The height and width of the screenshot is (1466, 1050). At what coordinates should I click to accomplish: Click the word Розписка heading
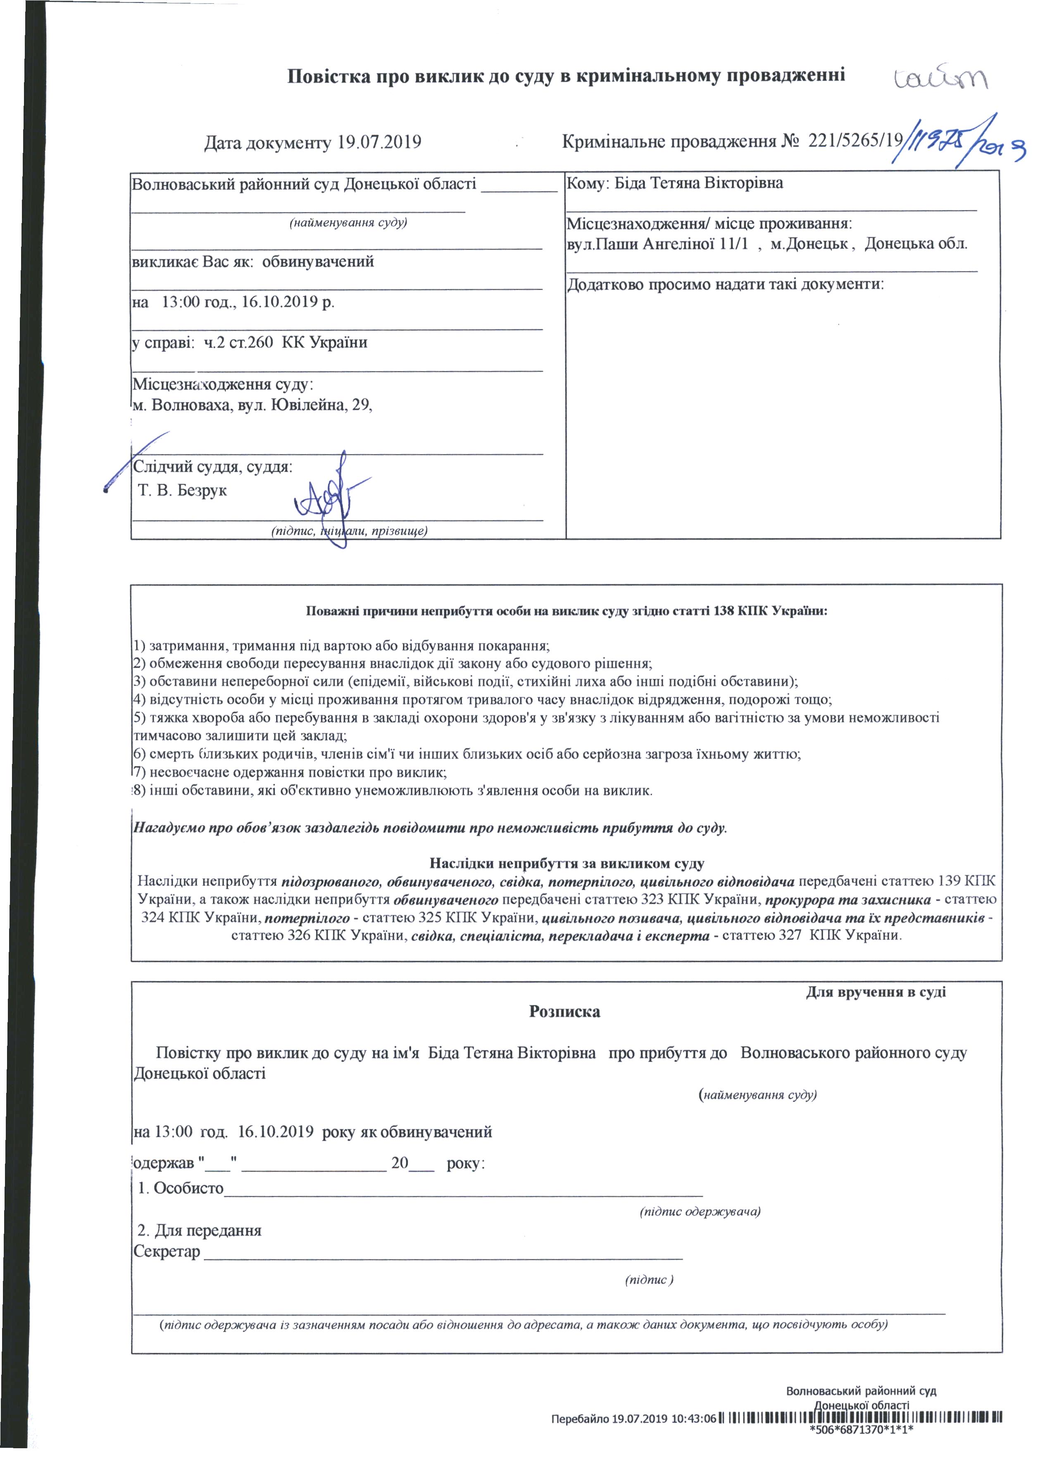click(x=564, y=1011)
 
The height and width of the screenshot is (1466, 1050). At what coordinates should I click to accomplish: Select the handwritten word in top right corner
click(x=941, y=80)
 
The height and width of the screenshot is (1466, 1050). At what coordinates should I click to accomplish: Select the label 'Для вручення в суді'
click(x=876, y=992)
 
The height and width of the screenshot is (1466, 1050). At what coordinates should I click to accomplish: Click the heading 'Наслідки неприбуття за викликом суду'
click(x=567, y=864)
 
